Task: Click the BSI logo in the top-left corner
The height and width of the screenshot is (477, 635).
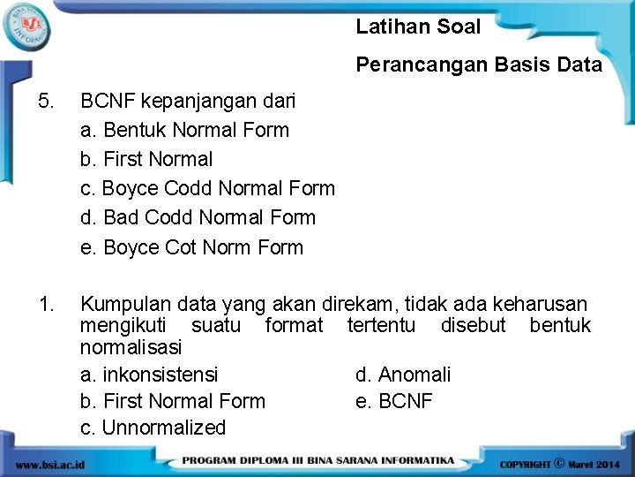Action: point(26,26)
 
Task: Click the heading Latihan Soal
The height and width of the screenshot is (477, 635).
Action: point(418,26)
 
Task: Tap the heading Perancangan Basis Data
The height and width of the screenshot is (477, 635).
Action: point(479,64)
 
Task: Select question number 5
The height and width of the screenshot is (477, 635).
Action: point(47,101)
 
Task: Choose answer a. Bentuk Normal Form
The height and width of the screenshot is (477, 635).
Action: point(184,130)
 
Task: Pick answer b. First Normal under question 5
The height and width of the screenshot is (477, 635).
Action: point(146,160)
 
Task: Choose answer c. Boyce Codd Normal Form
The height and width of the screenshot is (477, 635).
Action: point(207,188)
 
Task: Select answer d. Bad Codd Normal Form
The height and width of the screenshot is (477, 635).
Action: point(198,217)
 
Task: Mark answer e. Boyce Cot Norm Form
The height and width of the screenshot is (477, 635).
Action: point(191,247)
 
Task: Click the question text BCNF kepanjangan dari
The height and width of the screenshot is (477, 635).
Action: point(188,101)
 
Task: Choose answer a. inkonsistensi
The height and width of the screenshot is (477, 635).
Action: point(149,375)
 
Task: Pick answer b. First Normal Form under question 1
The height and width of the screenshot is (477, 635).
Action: point(173,401)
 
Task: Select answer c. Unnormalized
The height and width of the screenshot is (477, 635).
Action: point(153,428)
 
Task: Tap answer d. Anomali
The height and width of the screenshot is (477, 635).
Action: point(403,375)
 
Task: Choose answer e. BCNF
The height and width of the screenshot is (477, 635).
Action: point(394,401)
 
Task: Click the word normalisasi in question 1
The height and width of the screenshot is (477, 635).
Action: point(131,347)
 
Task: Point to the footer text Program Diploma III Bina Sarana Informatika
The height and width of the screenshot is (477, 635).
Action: point(318,461)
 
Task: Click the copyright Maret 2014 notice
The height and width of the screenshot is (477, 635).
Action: point(560,463)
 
